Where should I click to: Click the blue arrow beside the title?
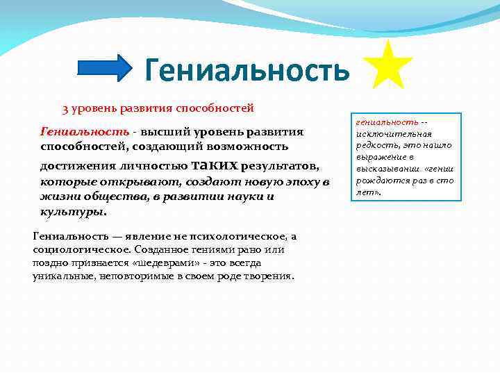tap(104, 68)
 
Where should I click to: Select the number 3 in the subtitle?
tap(65, 109)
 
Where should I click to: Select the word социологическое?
tap(74, 249)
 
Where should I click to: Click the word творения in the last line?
tap(269, 276)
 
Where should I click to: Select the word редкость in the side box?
tap(375, 145)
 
